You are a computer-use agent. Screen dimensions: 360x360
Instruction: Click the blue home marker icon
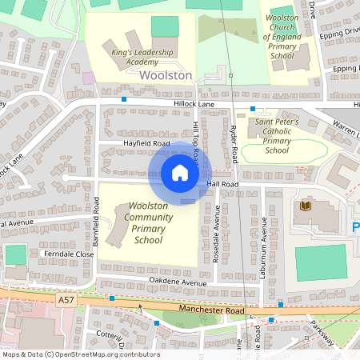(180, 173)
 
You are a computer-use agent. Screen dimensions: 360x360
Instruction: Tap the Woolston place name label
(166, 75)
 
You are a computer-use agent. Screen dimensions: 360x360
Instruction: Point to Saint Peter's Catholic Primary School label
(277, 135)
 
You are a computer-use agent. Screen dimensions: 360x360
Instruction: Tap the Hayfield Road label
(146, 143)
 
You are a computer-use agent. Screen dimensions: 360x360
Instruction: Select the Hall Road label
(223, 184)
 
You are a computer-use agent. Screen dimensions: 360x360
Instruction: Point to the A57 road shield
(67, 298)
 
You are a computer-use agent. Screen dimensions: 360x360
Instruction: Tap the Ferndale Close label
(70, 254)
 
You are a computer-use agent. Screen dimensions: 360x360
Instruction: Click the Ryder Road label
(234, 143)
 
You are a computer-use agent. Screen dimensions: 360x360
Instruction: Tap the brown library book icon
(305, 206)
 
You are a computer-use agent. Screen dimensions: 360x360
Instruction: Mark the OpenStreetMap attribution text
(80, 354)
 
